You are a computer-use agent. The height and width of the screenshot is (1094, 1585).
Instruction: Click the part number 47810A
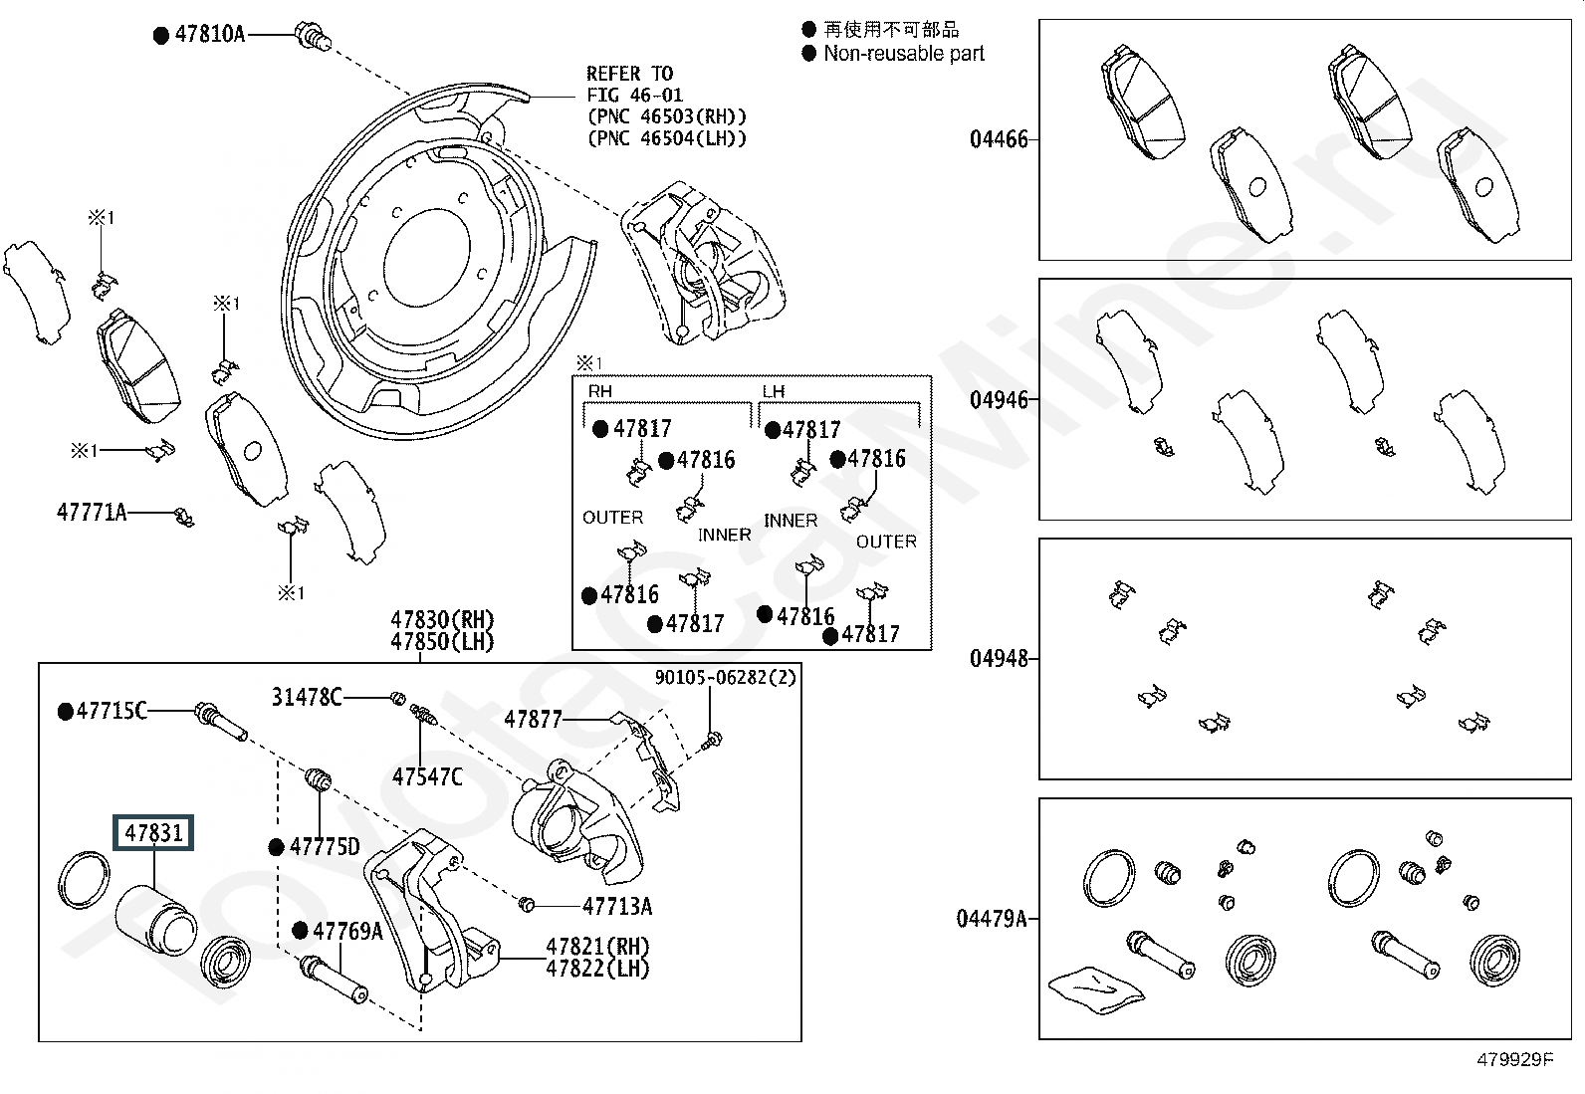(x=209, y=34)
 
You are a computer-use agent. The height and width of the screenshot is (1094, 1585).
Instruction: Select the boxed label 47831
(x=153, y=832)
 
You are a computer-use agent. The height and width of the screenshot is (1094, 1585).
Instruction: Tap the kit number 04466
(x=999, y=139)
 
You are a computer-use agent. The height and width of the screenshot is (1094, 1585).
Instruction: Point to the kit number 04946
(x=999, y=400)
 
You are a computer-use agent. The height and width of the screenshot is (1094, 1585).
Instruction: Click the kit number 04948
(x=999, y=659)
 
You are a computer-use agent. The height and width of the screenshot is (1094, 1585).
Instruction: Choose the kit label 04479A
(x=992, y=919)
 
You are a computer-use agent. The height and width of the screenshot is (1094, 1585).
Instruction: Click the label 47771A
(x=92, y=512)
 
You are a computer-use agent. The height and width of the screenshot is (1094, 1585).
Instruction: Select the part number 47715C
(x=112, y=711)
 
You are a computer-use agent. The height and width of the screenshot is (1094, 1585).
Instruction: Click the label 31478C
(x=307, y=697)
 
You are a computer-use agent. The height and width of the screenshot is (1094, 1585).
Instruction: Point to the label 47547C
(x=427, y=777)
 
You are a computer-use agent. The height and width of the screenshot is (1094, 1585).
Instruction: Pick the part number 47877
(x=533, y=720)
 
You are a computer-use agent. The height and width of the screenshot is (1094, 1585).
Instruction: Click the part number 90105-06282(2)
(x=725, y=677)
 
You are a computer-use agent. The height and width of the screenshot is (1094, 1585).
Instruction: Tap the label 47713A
(x=617, y=906)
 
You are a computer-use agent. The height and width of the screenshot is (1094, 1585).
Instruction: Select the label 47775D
(x=325, y=846)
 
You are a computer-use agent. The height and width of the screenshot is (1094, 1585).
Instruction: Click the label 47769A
(x=347, y=931)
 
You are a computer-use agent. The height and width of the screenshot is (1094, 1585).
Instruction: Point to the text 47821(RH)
(x=598, y=946)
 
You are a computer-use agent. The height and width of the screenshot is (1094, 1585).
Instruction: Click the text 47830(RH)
(x=442, y=620)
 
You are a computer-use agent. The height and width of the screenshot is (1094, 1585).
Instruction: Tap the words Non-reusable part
(x=904, y=54)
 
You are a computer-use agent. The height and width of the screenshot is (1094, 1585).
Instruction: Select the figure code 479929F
(x=1515, y=1059)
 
